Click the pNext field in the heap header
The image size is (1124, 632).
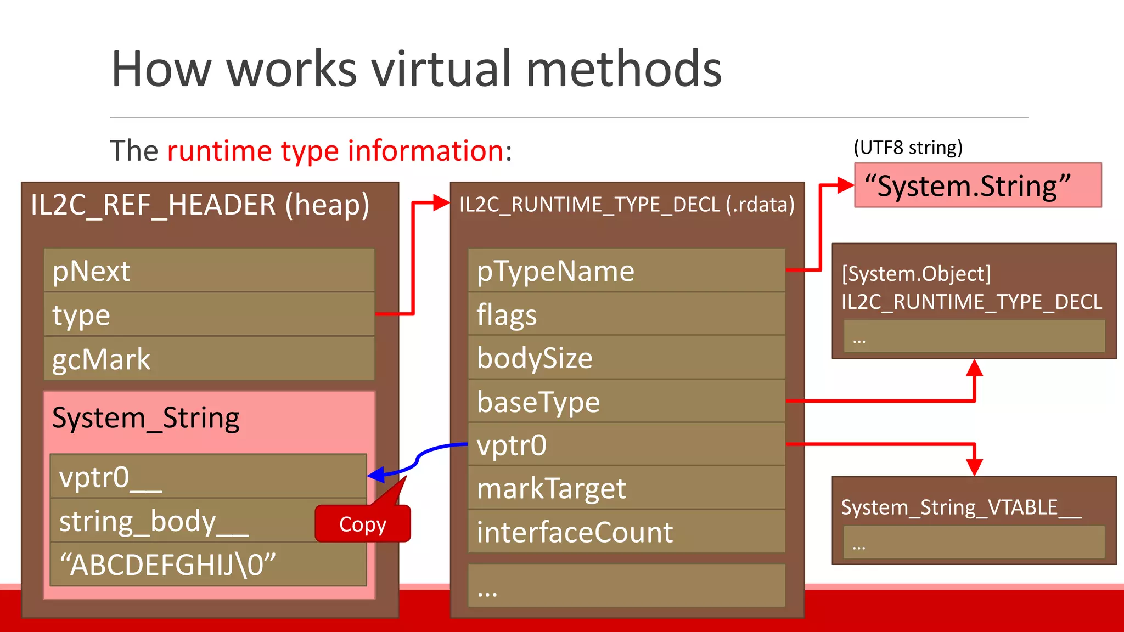tap(209, 270)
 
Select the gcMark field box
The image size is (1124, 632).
tap(209, 359)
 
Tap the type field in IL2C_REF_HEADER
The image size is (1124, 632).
tap(209, 314)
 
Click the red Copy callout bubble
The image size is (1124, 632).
tap(363, 524)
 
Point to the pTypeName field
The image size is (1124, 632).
tap(626, 270)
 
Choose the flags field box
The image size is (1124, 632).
tap(626, 314)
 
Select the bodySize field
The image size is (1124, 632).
tap(626, 358)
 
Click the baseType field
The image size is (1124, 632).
tap(626, 402)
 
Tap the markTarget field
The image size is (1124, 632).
tap(626, 488)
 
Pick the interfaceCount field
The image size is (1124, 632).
tap(626, 532)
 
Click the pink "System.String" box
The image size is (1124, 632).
tap(977, 185)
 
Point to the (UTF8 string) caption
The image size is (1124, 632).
tap(908, 148)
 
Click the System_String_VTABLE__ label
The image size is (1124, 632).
tap(961, 507)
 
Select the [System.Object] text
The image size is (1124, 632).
tap(916, 274)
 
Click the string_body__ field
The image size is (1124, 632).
tap(181, 521)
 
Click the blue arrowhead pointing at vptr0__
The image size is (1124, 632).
tap(376, 475)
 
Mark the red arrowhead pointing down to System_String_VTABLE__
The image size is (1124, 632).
tap(974, 467)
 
